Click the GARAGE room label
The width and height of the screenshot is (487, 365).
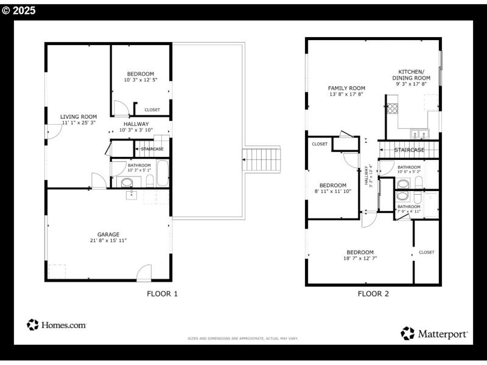click(x=108, y=234)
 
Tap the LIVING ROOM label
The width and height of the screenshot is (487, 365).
click(x=79, y=117)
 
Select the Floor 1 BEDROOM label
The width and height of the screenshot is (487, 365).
click(x=140, y=74)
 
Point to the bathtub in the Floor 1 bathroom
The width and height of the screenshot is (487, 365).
click(x=162, y=173)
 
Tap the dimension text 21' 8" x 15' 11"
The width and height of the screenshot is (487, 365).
click(x=108, y=241)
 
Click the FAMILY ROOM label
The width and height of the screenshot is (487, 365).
click(x=346, y=88)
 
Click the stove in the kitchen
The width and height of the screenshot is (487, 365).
click(x=393, y=109)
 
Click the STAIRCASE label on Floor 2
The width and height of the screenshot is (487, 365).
click(x=409, y=150)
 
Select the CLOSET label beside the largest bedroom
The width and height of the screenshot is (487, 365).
click(x=426, y=252)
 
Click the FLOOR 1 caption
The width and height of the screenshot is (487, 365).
click(x=162, y=294)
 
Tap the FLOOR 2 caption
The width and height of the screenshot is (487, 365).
click(x=373, y=294)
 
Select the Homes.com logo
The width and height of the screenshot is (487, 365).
click(x=57, y=325)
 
